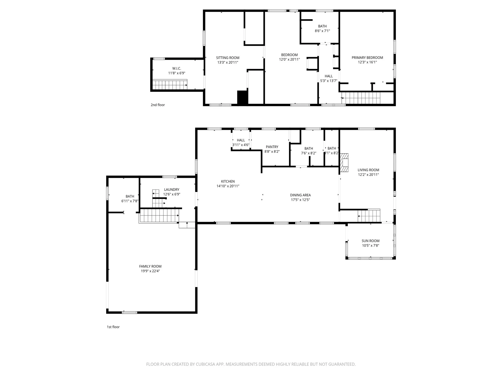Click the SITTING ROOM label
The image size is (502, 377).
tap(227, 58)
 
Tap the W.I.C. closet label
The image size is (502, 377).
tap(177, 69)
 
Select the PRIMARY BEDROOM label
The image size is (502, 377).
tap(367, 58)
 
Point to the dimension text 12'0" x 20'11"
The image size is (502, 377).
tap(289, 59)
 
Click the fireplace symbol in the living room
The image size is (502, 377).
tap(344, 163)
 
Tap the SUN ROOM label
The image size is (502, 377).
tap(370, 241)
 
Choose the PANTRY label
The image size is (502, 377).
tap(272, 147)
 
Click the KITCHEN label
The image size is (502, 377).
tap(228, 181)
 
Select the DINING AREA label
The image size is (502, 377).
tap(300, 195)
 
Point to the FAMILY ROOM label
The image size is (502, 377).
tap(150, 267)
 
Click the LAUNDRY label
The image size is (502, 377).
tap(172, 190)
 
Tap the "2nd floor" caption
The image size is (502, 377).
tap(158, 105)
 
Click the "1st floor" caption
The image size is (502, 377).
tap(113, 327)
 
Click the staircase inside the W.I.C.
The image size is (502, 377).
tap(170, 85)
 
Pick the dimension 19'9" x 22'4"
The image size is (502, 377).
tap(150, 271)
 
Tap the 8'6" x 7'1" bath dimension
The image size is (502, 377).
tap(322, 31)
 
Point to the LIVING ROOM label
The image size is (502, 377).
tap(368, 170)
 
